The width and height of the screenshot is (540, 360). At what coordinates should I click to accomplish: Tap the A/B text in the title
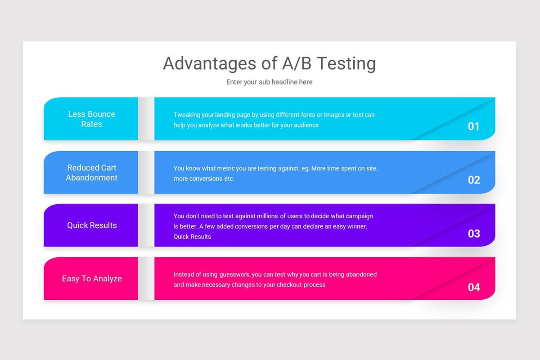(296, 64)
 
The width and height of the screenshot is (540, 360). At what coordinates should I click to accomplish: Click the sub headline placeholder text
(269, 82)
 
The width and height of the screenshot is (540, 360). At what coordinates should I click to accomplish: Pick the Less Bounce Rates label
(92, 119)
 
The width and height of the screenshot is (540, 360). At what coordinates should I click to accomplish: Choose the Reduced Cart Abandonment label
(92, 173)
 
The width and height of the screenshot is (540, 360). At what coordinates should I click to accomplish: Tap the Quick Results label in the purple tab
(92, 225)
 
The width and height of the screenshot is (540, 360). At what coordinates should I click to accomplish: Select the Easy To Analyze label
(92, 279)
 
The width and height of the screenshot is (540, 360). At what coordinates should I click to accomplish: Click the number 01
(473, 126)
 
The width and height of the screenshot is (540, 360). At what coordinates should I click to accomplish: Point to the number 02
(473, 180)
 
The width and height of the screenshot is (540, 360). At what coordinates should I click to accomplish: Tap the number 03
(473, 234)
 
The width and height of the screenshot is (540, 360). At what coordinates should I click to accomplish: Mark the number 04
(473, 287)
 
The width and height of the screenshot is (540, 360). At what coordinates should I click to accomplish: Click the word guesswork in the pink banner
(234, 274)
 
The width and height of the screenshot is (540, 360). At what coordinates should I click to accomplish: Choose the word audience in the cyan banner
(306, 125)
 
